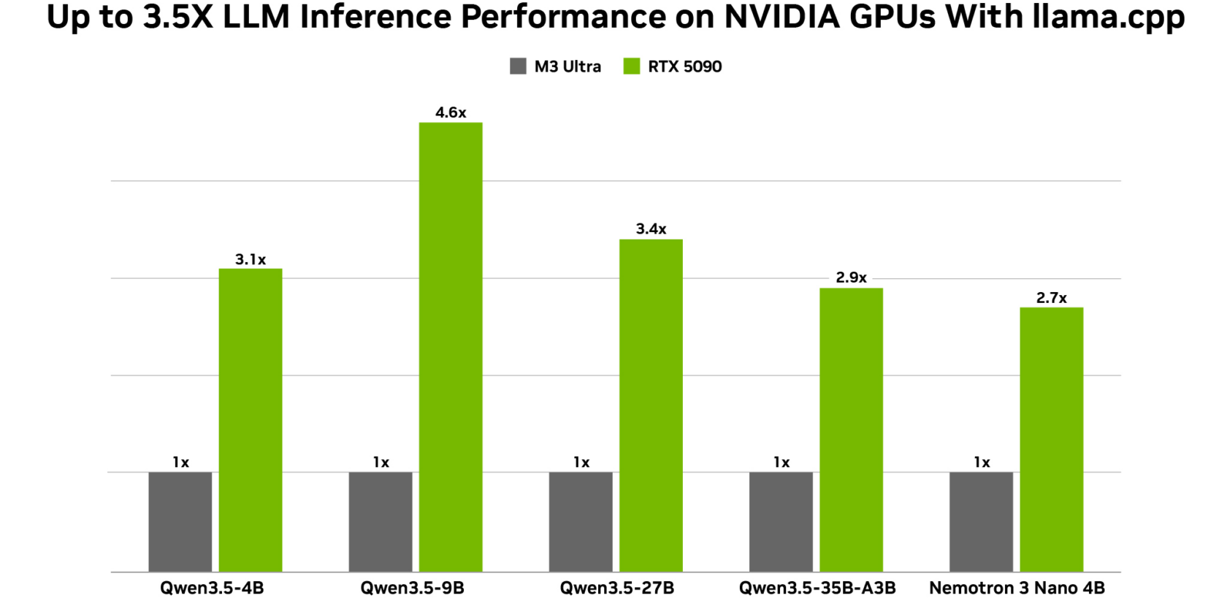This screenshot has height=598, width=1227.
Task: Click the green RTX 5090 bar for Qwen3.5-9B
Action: click(x=451, y=347)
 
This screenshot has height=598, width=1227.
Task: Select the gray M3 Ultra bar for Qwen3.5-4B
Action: click(x=180, y=521)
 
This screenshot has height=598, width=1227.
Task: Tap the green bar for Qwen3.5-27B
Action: click(x=651, y=405)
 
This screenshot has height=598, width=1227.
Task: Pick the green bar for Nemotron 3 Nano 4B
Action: click(x=1051, y=439)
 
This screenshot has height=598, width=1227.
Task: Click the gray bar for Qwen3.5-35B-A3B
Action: click(x=781, y=521)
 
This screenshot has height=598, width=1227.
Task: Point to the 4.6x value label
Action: click(x=451, y=112)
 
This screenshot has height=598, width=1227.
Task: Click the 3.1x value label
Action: click(x=251, y=259)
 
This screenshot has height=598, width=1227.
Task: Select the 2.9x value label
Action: click(x=851, y=277)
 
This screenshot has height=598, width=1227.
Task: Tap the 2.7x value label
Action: click(x=1051, y=298)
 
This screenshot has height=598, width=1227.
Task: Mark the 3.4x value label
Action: click(x=651, y=229)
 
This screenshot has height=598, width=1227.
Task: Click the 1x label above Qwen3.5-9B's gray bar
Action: click(x=381, y=462)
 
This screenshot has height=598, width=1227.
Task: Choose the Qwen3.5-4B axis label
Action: click(x=212, y=588)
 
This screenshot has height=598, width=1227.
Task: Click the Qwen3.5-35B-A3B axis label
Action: click(x=817, y=588)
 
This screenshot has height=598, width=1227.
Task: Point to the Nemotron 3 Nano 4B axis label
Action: click(x=1017, y=588)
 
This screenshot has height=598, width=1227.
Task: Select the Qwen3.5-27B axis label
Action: click(x=616, y=588)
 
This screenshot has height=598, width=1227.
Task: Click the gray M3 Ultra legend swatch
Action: click(x=518, y=66)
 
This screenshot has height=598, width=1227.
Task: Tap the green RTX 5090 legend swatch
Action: click(x=632, y=66)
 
